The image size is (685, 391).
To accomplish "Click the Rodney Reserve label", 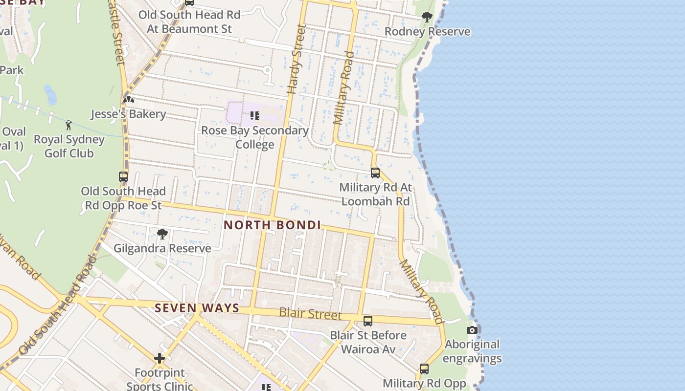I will tap(427, 32).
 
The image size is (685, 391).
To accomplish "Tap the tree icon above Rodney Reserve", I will tap(427, 17).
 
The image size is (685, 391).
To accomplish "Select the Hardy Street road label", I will tap(296, 60).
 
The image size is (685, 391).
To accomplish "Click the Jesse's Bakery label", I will tap(129, 114).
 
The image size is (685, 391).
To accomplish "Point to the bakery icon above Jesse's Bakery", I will tap(129, 100).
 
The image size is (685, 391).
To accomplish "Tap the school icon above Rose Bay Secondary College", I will tap(254, 116).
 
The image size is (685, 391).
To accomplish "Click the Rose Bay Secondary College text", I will tap(255, 138).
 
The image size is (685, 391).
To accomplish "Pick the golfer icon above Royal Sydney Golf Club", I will tap(68, 125).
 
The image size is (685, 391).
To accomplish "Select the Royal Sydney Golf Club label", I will tap(69, 146).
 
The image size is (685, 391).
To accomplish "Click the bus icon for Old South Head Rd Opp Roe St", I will tap(123, 177).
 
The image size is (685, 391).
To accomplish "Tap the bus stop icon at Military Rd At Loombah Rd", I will tap(375, 173).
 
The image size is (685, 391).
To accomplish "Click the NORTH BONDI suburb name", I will tap(272, 225).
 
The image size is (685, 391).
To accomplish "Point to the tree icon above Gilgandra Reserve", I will tap(162, 234).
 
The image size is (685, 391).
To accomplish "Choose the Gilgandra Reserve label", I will tap(162, 248).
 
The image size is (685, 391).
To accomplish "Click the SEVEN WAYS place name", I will tap(197, 308).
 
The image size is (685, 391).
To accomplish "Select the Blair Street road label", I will tap(310, 313).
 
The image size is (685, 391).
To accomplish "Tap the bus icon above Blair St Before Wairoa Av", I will tap(368, 321).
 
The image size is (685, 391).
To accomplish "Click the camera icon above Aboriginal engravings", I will tap(472, 330).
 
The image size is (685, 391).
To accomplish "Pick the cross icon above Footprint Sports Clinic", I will tap(160, 359).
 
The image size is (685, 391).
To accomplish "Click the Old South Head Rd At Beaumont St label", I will tap(189, 22).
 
